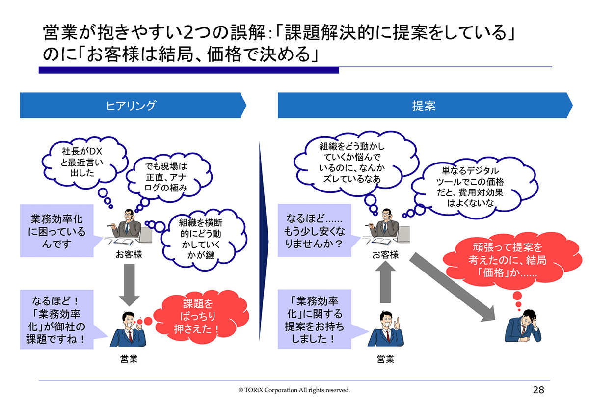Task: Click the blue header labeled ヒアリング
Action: tap(132, 105)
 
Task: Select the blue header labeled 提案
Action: tap(424, 105)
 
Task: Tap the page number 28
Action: tap(538, 390)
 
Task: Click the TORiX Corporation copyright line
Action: tap(294, 390)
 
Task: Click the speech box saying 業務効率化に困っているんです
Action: tap(57, 231)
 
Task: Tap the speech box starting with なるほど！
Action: tap(57, 319)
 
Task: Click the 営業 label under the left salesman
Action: tap(129, 359)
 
